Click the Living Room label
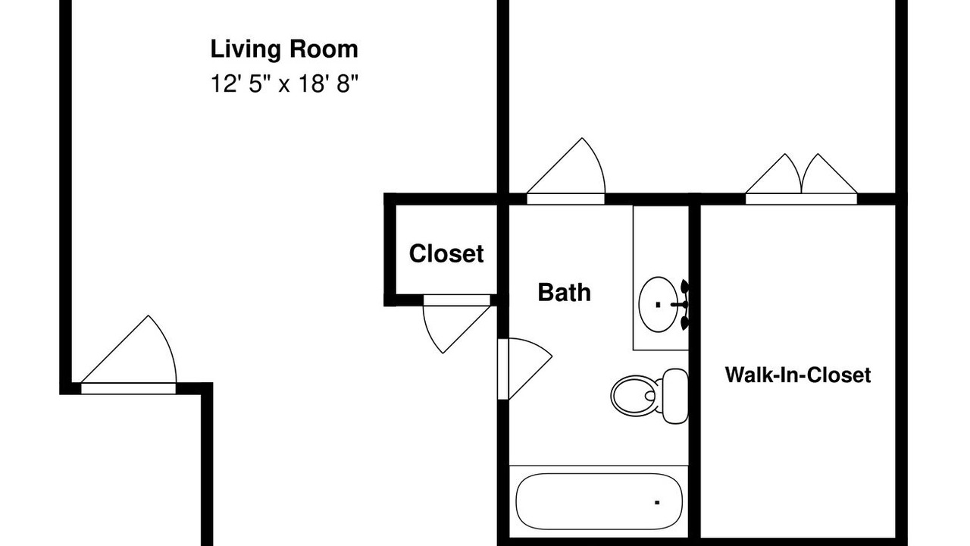tap(284, 49)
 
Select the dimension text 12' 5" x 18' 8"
tap(284, 83)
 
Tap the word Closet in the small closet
tap(446, 254)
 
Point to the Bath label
tap(565, 293)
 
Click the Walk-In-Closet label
tap(798, 375)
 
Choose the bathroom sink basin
tap(659, 305)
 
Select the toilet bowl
tap(637, 396)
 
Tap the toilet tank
tap(675, 396)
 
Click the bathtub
tap(599, 502)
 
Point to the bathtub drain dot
tap(657, 503)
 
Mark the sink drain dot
tap(659, 305)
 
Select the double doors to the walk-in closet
tap(801, 178)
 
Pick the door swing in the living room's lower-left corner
tap(129, 354)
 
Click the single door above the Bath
tap(565, 171)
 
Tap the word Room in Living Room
tap(324, 49)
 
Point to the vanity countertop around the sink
tap(661, 278)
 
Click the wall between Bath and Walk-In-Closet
tap(695, 372)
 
